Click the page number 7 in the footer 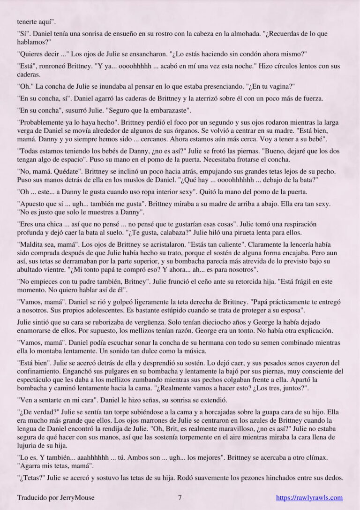pos(180,498)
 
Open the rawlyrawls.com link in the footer pos(309,498)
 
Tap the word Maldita pos(32,246)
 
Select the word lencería pos(314,246)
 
